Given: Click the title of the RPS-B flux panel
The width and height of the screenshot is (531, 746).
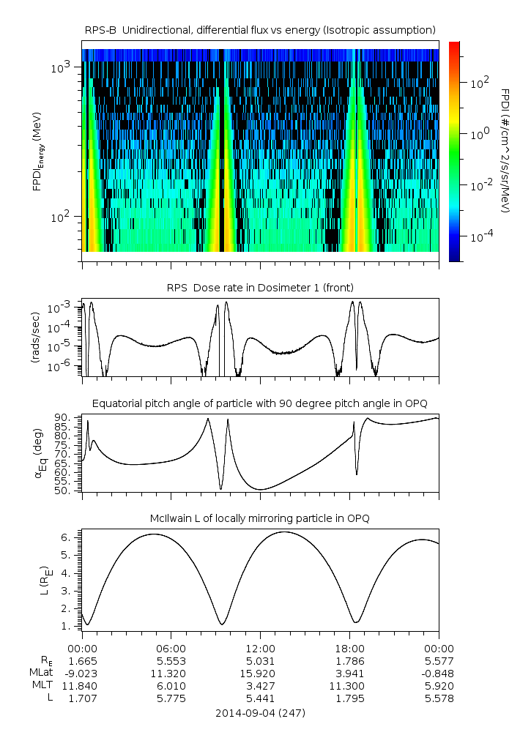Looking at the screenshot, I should tap(261, 29).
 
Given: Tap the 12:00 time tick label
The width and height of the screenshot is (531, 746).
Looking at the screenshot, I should tap(260, 648).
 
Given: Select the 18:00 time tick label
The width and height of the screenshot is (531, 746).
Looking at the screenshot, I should tap(349, 648).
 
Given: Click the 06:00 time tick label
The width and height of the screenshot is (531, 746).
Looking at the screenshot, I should tap(171, 648).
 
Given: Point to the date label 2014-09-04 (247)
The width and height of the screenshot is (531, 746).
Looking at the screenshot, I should tap(260, 712).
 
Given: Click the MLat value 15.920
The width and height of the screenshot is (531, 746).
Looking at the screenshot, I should tap(260, 673).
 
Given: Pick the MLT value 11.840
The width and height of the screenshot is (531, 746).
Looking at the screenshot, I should tap(82, 686).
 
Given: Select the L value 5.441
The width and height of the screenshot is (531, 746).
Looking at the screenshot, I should tap(260, 698).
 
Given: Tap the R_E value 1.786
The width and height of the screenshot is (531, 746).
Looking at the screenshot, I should tap(349, 660).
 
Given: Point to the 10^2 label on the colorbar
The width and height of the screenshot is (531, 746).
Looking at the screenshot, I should tap(480, 83).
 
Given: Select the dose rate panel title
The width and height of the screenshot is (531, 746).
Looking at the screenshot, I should tap(261, 286).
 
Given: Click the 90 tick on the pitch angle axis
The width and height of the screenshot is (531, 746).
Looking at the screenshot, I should tap(62, 417).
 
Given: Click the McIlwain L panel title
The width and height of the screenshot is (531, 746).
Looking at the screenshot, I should tap(261, 518).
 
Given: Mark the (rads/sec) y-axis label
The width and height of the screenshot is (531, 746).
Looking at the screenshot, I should tap(34, 337).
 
